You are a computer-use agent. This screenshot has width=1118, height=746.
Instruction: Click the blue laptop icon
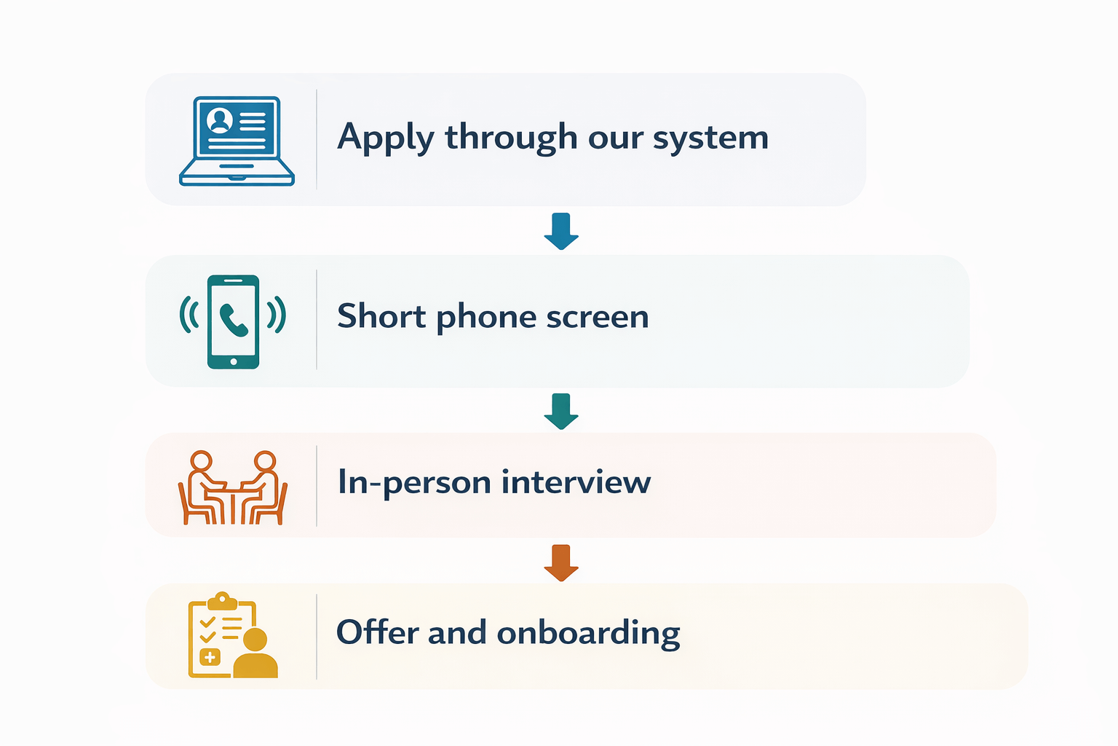tap(237, 141)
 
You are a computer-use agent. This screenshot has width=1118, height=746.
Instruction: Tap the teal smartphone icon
tap(233, 321)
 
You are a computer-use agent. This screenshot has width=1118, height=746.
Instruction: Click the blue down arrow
tap(561, 231)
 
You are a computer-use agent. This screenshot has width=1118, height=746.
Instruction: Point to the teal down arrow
tap(561, 411)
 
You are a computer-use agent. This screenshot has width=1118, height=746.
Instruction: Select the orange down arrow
tap(561, 562)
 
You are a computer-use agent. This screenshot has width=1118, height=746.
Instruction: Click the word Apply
tap(385, 138)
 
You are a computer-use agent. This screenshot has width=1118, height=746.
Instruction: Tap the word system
tap(710, 138)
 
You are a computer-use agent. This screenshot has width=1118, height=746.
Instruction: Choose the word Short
tap(381, 316)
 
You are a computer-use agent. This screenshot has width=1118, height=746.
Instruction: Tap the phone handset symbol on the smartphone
tap(234, 320)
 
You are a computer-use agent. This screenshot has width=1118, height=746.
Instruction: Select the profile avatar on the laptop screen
tap(220, 120)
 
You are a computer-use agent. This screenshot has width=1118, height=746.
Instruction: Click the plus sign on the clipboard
tap(210, 657)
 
